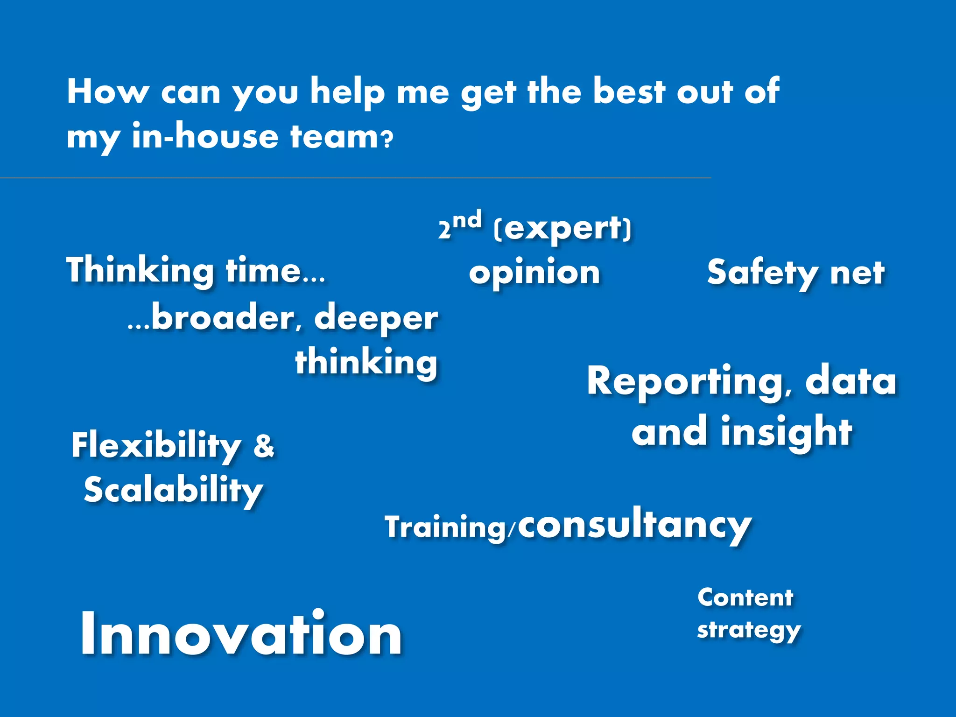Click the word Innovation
tap(241, 634)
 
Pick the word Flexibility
tap(156, 446)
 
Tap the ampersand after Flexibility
tap(264, 445)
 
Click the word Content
tap(745, 597)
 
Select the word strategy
tap(749, 630)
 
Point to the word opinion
tap(534, 273)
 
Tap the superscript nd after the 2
tap(467, 220)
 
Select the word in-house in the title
tap(205, 137)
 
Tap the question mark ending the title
tap(387, 140)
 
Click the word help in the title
tap(348, 92)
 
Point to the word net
tap(857, 274)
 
